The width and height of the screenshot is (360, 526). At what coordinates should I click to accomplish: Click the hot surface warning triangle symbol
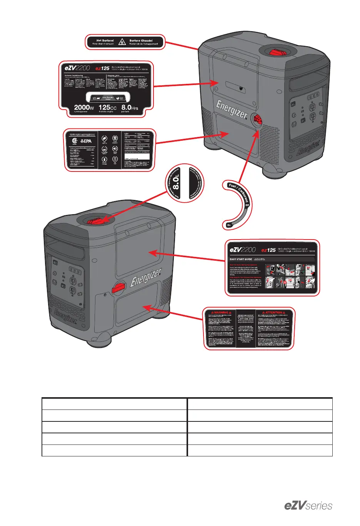point(122,42)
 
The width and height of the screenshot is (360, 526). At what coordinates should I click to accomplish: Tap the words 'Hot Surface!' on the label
point(105,40)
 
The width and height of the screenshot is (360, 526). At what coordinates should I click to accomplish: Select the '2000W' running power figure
point(84,107)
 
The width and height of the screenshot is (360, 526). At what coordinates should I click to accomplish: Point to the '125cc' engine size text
point(107,107)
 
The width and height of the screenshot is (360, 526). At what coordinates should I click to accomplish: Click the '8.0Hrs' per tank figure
point(130,107)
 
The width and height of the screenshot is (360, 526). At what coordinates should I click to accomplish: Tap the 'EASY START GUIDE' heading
point(241,259)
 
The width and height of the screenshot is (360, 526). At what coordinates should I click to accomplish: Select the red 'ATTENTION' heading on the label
point(274,313)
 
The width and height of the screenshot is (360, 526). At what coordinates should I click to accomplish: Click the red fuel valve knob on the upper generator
point(257,120)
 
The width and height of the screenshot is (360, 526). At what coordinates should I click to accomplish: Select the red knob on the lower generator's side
point(119,287)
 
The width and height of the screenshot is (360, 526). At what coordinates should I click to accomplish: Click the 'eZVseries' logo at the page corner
point(308,506)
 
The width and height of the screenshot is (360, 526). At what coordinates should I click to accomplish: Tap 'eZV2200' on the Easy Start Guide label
point(242,250)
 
